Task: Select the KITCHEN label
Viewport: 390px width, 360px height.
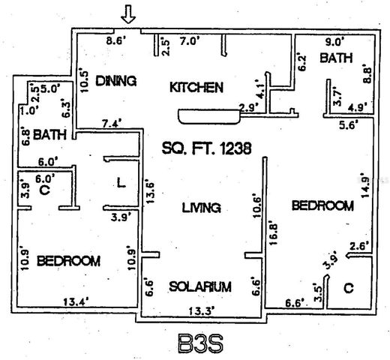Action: (x=196, y=88)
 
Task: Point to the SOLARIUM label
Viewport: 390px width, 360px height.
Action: (x=199, y=286)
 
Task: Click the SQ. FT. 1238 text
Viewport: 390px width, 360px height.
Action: (x=205, y=148)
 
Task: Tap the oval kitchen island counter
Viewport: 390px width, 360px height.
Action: (x=200, y=115)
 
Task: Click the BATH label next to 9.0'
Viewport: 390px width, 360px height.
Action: (x=334, y=58)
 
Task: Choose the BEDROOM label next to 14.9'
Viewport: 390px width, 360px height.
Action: (x=322, y=205)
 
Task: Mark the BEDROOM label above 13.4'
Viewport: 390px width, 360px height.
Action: (x=68, y=260)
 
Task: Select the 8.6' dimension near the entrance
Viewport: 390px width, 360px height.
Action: (x=116, y=41)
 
